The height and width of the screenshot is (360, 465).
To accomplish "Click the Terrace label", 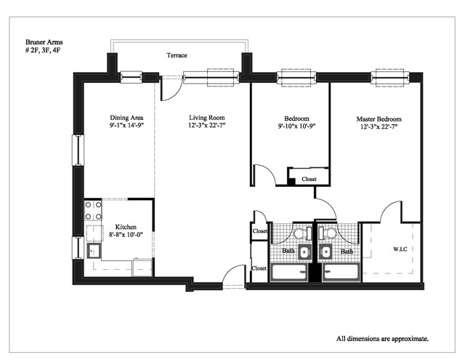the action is [177, 55].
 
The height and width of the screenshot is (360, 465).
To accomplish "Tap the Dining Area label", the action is [126, 118].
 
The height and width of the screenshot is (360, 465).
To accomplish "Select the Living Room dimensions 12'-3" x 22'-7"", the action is [207, 125].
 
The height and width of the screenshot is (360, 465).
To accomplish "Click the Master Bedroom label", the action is [379, 119].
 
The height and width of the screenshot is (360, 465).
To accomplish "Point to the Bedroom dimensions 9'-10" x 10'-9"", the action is [296, 126].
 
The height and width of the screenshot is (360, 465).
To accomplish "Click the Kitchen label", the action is [126, 227].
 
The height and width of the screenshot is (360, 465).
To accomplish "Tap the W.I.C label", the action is [400, 249].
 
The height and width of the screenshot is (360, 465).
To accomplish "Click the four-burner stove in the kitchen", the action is [93, 210].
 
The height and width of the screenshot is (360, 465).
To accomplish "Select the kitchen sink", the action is [94, 251].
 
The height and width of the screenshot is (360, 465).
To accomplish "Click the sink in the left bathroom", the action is [304, 252].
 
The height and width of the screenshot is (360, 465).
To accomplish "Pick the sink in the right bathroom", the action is [325, 252].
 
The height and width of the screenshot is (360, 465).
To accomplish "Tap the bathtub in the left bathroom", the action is [289, 272].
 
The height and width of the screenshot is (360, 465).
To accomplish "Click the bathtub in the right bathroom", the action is [341, 272].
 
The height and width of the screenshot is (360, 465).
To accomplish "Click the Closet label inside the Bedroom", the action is [309, 179].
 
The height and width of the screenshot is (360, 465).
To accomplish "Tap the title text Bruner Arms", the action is [44, 42].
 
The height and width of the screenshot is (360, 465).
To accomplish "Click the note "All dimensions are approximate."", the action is [382, 339].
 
